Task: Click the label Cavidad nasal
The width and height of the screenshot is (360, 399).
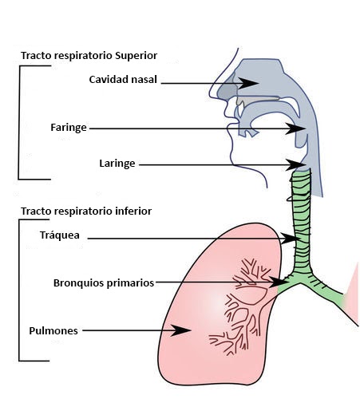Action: pos(123,80)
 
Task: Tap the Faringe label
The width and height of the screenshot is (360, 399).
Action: pos(69,128)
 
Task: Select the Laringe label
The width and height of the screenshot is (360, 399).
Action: pos(117,164)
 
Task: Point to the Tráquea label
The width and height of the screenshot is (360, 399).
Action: pos(60,235)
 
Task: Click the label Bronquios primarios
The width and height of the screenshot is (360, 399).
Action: pos(104,282)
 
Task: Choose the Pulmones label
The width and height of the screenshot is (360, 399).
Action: pos(53,330)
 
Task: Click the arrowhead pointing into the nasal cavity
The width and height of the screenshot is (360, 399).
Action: pos(247,83)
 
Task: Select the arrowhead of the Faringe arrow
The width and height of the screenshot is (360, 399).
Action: pos(295,128)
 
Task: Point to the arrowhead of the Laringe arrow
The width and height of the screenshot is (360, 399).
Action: pos(296,165)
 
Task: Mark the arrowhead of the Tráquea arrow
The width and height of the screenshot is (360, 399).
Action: pos(289,239)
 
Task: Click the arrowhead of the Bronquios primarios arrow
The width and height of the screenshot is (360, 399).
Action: pos(278,282)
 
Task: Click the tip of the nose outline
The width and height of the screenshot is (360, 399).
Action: pos(210,95)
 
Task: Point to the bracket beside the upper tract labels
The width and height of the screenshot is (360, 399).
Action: pos(19,122)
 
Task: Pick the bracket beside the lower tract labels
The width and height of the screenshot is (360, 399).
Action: pos(19,290)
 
